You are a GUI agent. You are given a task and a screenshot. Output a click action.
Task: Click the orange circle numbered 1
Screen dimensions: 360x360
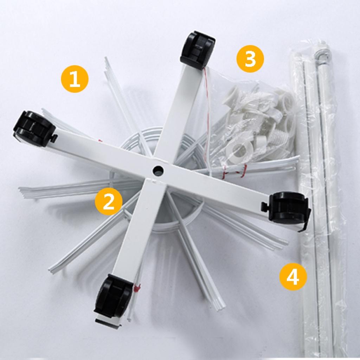click(x=75, y=79)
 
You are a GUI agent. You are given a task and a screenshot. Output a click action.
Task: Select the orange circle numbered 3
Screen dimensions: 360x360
click(x=250, y=59)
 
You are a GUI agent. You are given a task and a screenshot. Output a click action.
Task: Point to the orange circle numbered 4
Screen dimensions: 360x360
click(x=293, y=277)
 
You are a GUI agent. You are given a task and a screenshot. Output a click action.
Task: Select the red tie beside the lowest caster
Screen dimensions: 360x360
click(x=137, y=287)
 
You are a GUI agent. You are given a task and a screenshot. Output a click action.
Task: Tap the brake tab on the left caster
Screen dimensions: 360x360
click(x=54, y=138)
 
